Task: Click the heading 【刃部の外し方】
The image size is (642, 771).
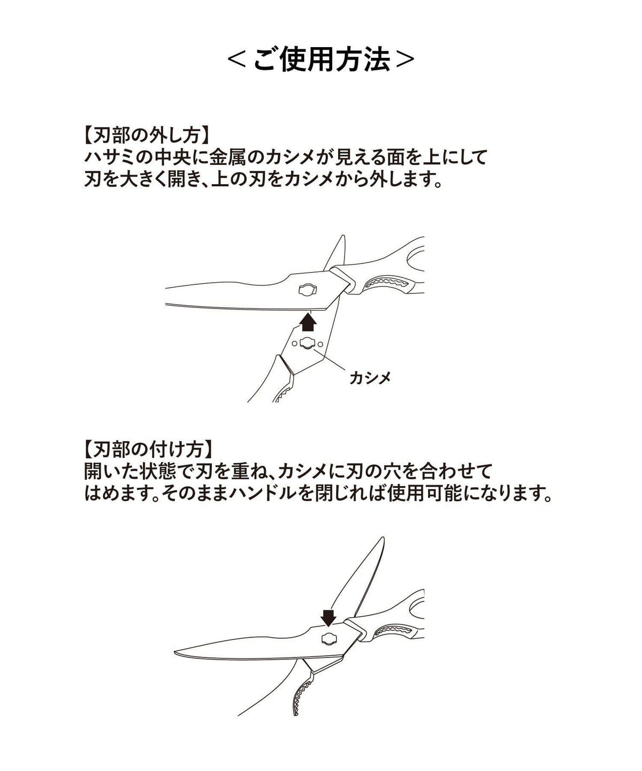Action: [147, 137]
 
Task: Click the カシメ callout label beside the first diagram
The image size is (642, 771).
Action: [370, 378]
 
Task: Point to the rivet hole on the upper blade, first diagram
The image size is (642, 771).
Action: [308, 290]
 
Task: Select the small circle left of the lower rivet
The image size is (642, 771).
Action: [294, 344]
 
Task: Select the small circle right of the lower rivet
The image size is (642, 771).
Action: [320, 344]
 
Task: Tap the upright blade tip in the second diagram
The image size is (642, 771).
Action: [383, 539]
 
